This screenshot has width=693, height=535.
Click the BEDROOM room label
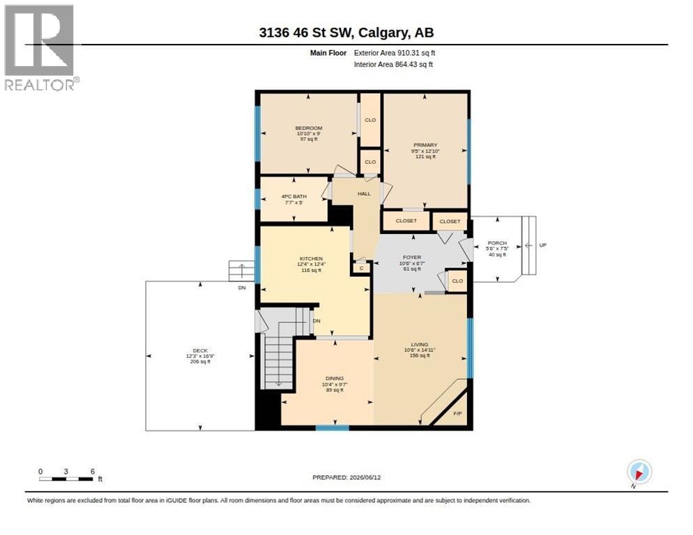click(x=309, y=128)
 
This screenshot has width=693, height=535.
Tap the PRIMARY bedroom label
click(x=425, y=145)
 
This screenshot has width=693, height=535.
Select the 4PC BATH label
click(x=294, y=196)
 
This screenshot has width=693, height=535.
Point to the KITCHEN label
click(x=311, y=258)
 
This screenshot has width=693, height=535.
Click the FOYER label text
click(x=412, y=257)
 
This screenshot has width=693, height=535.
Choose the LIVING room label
click(x=420, y=344)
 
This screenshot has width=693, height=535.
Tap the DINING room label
click(x=335, y=378)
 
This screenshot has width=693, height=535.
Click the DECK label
click(x=200, y=350)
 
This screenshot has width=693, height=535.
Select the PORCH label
click(x=497, y=243)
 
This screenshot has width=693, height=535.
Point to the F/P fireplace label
click(x=457, y=414)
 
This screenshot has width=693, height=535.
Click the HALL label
click(x=364, y=194)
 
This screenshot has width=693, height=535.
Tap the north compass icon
click(x=639, y=472)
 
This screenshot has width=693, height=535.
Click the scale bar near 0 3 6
click(x=66, y=479)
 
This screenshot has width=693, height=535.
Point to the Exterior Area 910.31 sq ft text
click(x=394, y=53)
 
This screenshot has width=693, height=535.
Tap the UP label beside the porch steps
click(x=542, y=245)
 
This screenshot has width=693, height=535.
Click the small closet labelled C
click(x=362, y=268)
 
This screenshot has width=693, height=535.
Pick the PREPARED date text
click(x=346, y=478)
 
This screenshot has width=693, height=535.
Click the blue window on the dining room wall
click(x=332, y=428)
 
